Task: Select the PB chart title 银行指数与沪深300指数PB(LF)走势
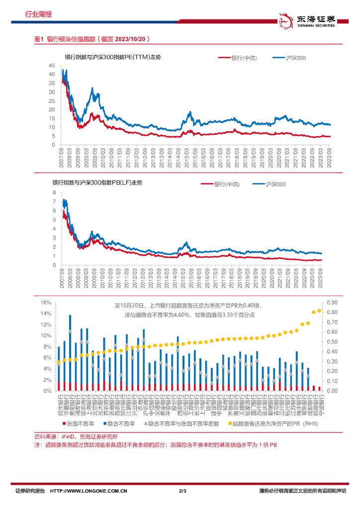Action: coord(97,183)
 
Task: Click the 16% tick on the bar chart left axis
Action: coord(46,303)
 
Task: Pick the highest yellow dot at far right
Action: coord(319,311)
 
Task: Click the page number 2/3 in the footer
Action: coord(181,492)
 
